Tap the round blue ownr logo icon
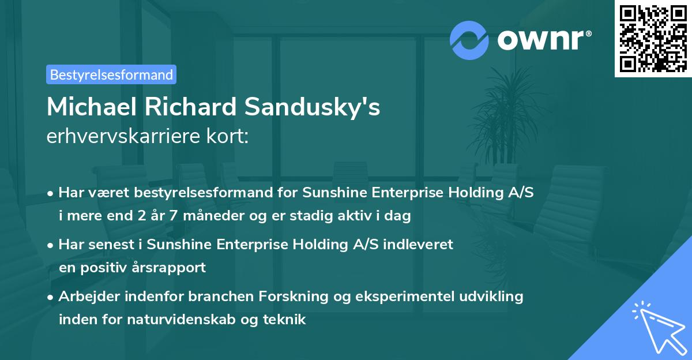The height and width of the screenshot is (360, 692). pos(470,40)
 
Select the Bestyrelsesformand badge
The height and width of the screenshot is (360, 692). pos(111,74)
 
